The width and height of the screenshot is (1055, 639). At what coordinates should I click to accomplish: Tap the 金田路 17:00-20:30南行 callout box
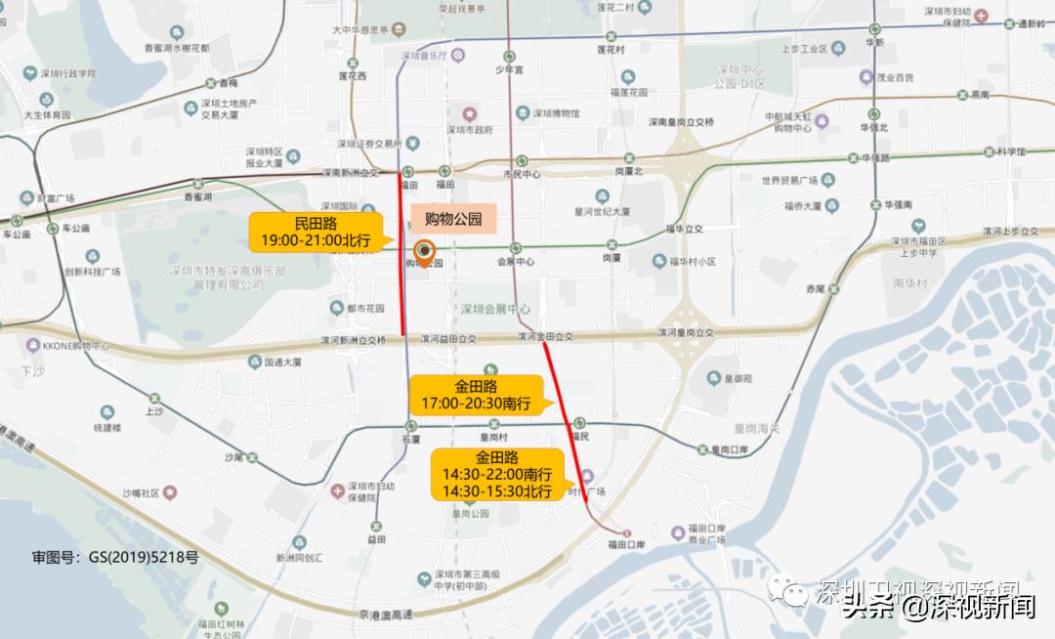pos(476,395)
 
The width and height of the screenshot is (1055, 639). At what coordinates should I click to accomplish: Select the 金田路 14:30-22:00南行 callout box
pos(496,474)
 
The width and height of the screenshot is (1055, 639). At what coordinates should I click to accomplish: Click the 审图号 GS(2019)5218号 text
pos(115,558)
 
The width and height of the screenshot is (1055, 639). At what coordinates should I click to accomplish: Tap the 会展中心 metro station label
pos(516,262)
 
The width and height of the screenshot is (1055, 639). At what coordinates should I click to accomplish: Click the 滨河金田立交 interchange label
pos(545,337)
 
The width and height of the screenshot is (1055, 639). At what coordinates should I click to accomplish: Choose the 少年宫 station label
pos(509,70)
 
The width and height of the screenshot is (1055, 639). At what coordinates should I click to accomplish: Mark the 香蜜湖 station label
pos(198,196)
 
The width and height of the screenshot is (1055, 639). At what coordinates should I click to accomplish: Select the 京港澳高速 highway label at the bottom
pos(387,614)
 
